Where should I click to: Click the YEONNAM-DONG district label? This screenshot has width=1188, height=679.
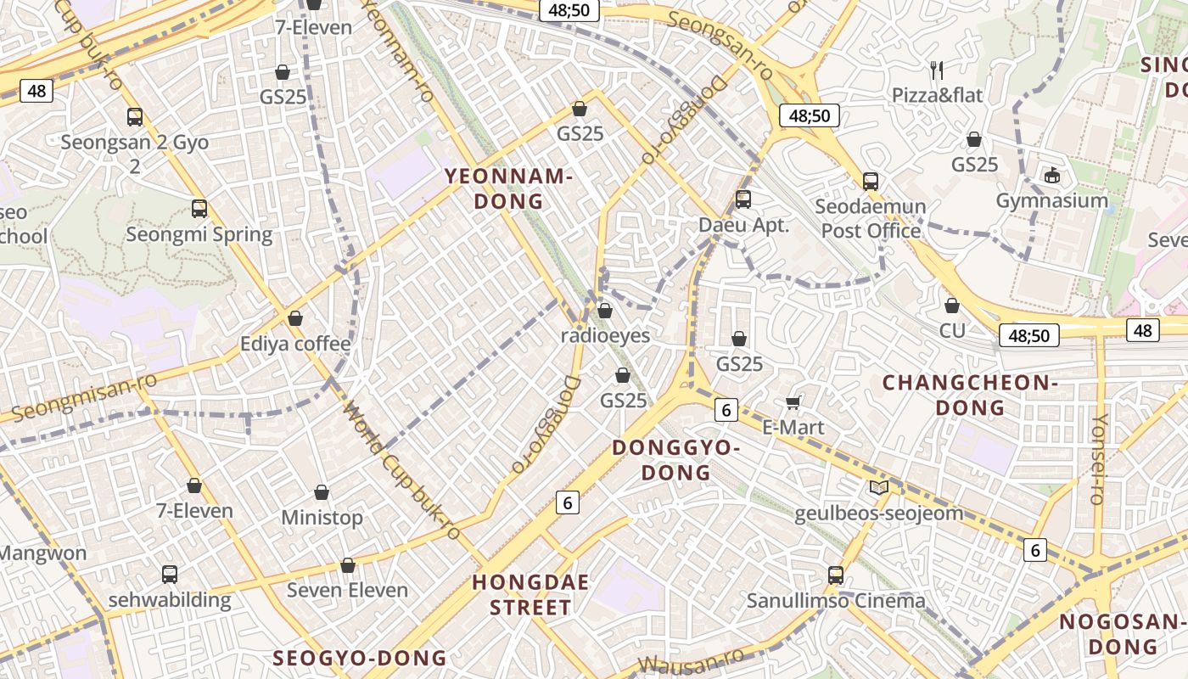point(508,188)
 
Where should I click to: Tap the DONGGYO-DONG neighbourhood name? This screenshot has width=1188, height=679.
point(676,459)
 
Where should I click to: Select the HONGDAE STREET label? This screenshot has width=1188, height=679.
point(521,595)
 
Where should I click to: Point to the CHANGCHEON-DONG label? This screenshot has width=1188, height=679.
point(970,395)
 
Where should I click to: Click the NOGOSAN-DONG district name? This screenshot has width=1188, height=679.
point(1120,634)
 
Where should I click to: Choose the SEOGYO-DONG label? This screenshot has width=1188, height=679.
point(359,658)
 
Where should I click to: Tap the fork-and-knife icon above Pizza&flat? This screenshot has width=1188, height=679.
point(937,70)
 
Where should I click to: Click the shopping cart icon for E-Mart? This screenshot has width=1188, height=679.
point(793,401)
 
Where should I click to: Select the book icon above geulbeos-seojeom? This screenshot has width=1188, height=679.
point(879,488)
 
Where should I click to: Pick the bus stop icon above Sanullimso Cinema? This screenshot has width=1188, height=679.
point(836,575)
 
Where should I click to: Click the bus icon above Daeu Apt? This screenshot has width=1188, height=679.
point(743,199)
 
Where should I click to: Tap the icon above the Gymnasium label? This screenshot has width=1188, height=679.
point(1052,175)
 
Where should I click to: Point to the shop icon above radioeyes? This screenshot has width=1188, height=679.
point(605,311)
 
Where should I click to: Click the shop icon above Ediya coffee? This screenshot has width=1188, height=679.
point(295,318)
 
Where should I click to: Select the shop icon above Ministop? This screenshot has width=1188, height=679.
point(322,492)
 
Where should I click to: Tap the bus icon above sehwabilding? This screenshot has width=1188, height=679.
point(170,575)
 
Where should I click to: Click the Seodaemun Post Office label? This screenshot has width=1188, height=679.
point(871,218)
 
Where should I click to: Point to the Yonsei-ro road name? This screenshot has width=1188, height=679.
point(1099,459)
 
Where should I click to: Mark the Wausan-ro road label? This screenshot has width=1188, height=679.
point(691,660)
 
